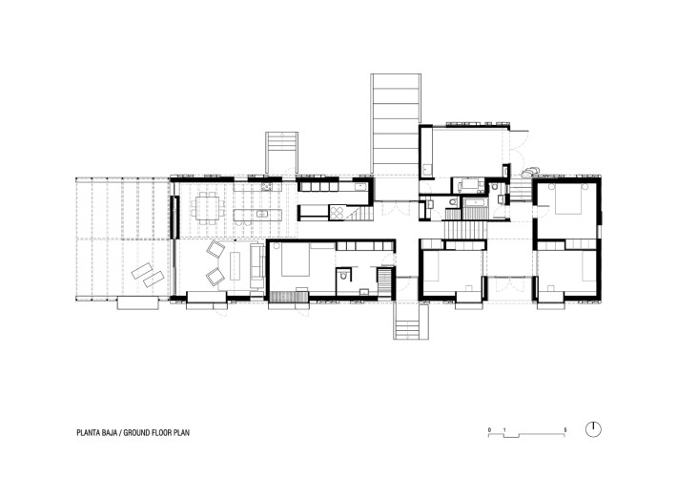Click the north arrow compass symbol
pos(594,428)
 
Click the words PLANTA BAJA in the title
pos(100,431)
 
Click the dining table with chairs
pos(207,205)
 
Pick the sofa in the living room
pos(256,264)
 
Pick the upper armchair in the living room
pos(215,252)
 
